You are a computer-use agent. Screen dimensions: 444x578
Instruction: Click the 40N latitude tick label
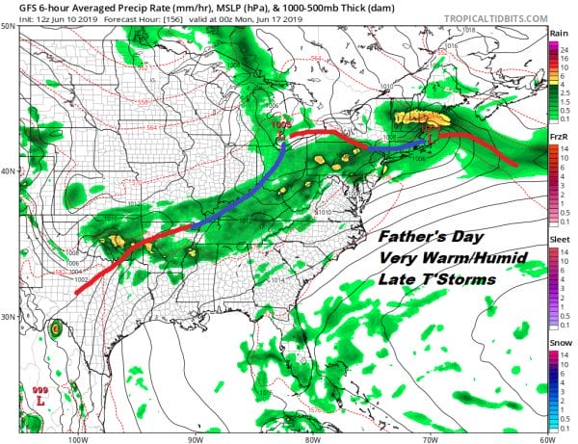[x=8, y=171]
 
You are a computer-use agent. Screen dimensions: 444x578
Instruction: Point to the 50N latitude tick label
[x=8, y=26]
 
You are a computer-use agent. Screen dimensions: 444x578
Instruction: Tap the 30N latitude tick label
[x=8, y=317]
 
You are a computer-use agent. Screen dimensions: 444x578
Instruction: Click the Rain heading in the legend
[x=558, y=33]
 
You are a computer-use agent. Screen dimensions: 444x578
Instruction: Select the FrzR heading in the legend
[x=558, y=139]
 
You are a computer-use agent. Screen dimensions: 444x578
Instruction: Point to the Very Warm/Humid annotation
[x=435, y=258]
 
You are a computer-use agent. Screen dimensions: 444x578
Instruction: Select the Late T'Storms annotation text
[x=430, y=280]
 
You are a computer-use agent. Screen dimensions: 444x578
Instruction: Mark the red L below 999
[x=40, y=398]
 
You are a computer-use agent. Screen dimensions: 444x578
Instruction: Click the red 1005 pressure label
[x=280, y=124]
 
